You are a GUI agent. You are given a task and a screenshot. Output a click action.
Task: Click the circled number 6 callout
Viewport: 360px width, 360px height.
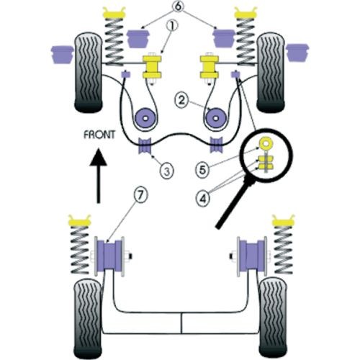[178, 6]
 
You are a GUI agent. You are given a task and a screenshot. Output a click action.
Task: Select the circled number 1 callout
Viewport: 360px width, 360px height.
[172, 26]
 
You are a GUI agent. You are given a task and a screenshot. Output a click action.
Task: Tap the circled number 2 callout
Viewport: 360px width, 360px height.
[181, 100]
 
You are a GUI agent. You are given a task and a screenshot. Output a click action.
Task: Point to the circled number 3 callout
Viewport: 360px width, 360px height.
[166, 171]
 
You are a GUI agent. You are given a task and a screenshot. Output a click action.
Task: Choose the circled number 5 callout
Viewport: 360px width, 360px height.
[203, 170]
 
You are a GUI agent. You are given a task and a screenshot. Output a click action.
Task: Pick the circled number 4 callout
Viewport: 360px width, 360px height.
[203, 199]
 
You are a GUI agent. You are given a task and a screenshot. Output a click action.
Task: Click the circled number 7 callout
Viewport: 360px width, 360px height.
[140, 195]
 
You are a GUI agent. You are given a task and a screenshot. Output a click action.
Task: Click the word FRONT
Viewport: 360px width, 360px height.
[99, 135]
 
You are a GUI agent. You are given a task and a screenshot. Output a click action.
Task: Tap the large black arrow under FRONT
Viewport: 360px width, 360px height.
[98, 176]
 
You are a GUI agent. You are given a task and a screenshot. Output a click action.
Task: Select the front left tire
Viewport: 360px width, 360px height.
[89, 73]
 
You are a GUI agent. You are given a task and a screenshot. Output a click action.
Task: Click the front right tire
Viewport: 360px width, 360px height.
[271, 73]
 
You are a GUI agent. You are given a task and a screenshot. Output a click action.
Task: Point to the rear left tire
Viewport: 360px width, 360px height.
[88, 318]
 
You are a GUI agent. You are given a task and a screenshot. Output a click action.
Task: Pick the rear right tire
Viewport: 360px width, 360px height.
[273, 318]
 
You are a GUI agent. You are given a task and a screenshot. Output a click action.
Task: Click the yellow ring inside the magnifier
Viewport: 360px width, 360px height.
[266, 143]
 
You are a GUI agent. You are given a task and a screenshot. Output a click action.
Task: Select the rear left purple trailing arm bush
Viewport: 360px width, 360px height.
[109, 256]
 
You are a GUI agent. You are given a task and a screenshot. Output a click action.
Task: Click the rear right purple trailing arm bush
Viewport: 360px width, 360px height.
[252, 256]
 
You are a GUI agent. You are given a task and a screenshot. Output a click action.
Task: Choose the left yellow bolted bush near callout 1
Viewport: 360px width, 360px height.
[152, 67]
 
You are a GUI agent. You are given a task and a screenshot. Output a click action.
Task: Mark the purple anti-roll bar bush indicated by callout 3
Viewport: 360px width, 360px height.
[145, 145]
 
